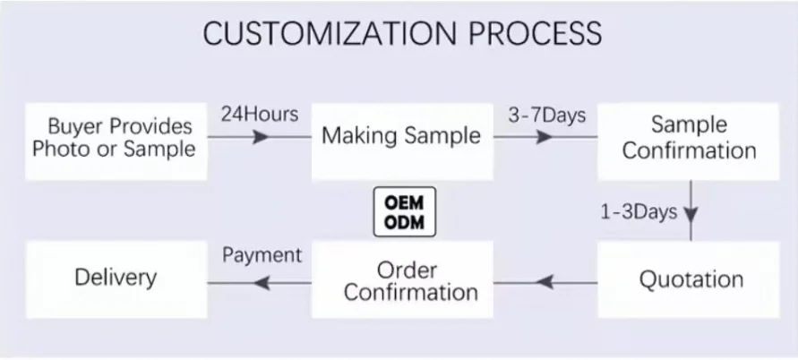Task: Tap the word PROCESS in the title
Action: [x=529, y=33]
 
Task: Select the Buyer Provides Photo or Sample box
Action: [x=114, y=138]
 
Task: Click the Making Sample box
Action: [x=401, y=137]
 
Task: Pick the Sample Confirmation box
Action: [x=689, y=138]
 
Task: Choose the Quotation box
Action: [x=691, y=279]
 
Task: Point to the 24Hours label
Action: [x=259, y=115]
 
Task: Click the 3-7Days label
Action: [x=546, y=115]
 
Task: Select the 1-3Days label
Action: [x=638, y=212]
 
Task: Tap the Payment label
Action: [x=262, y=254]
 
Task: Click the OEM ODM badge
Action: [x=404, y=212]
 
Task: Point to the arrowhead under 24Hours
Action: [x=261, y=138]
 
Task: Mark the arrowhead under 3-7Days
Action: [x=544, y=138]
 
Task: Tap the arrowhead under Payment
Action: [x=262, y=283]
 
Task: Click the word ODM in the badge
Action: [x=404, y=222]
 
